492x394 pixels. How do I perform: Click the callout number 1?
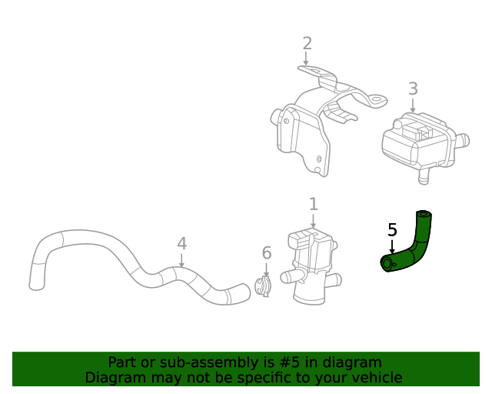pos(313,204)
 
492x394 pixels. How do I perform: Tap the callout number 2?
pos(307,43)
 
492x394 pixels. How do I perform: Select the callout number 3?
pos(413,88)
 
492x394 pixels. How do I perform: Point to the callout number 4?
pos(181,244)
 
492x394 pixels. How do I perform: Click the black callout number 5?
pos(392,229)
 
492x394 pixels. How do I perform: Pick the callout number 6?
pos(267,253)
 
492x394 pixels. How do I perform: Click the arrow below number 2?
pos(307,59)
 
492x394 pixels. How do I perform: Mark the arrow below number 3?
pos(413,107)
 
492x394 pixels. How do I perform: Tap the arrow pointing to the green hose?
pos(392,247)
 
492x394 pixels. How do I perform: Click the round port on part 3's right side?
pos(463,142)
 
